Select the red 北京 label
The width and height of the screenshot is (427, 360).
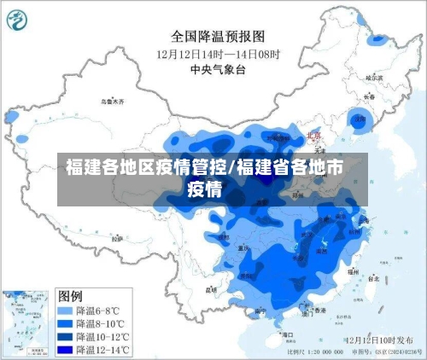313,136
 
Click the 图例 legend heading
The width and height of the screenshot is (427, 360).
70,295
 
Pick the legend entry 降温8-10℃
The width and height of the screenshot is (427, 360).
93,324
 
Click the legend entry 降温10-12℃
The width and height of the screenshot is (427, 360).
95,337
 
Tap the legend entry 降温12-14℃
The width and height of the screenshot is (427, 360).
95,350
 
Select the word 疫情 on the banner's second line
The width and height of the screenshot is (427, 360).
205,188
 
